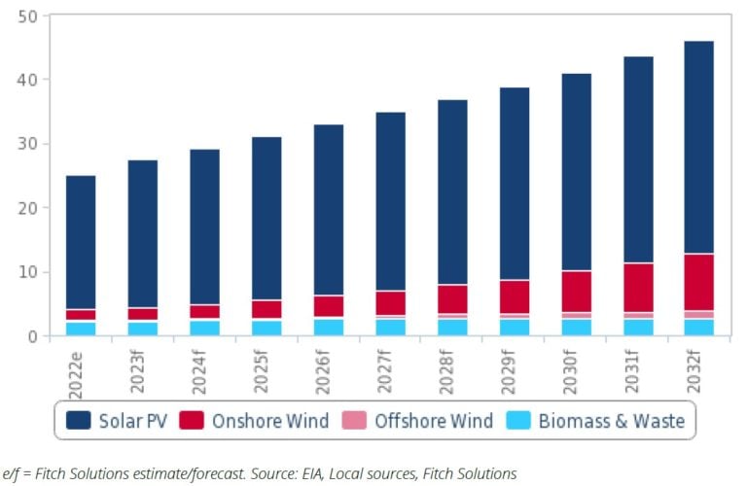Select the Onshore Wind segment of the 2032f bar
(698, 282)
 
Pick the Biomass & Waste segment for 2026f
(329, 327)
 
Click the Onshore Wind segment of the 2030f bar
(576, 291)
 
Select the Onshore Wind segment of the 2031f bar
(638, 287)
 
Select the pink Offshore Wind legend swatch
(355, 421)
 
